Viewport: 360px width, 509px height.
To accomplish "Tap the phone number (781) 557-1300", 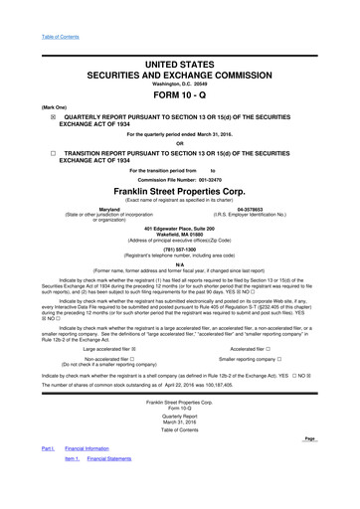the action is click(179, 250).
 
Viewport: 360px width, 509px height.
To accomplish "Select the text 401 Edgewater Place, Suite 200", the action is click(179, 229).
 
